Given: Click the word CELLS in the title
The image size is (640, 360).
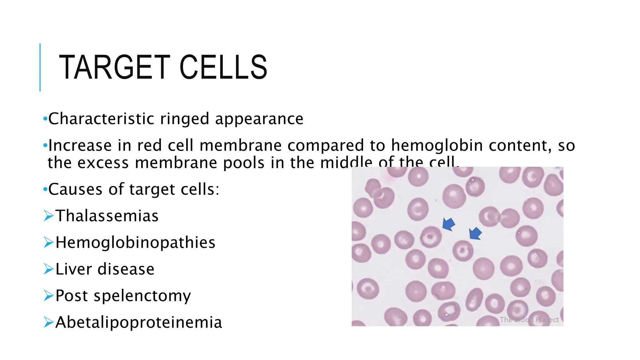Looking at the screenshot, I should tap(223, 67).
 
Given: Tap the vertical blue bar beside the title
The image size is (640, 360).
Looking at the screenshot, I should tap(40, 67).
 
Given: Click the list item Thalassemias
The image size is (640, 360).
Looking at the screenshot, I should tap(107, 216).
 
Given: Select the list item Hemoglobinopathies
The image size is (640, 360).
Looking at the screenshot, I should tap(135, 242).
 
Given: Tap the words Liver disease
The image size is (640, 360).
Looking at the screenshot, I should tap(105, 269).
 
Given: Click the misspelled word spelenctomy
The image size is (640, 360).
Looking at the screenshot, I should tap(142, 296).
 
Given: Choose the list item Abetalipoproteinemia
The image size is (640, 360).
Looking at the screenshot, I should tap(139, 322).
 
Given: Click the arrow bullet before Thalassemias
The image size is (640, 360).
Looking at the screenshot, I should tap(49, 216).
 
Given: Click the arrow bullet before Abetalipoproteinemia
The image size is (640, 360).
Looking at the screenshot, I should tap(49, 322).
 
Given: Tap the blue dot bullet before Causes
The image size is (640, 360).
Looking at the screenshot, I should tap(45, 189).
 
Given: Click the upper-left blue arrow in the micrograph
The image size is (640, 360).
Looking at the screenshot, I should tap(448, 224).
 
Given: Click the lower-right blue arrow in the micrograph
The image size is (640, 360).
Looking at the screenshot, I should tap(475, 233).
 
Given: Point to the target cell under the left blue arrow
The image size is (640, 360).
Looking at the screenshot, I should tap(431, 237).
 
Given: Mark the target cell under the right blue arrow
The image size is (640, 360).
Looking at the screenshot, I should tap(463, 250).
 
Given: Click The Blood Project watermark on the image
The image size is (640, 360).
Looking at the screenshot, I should tap(529, 320).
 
